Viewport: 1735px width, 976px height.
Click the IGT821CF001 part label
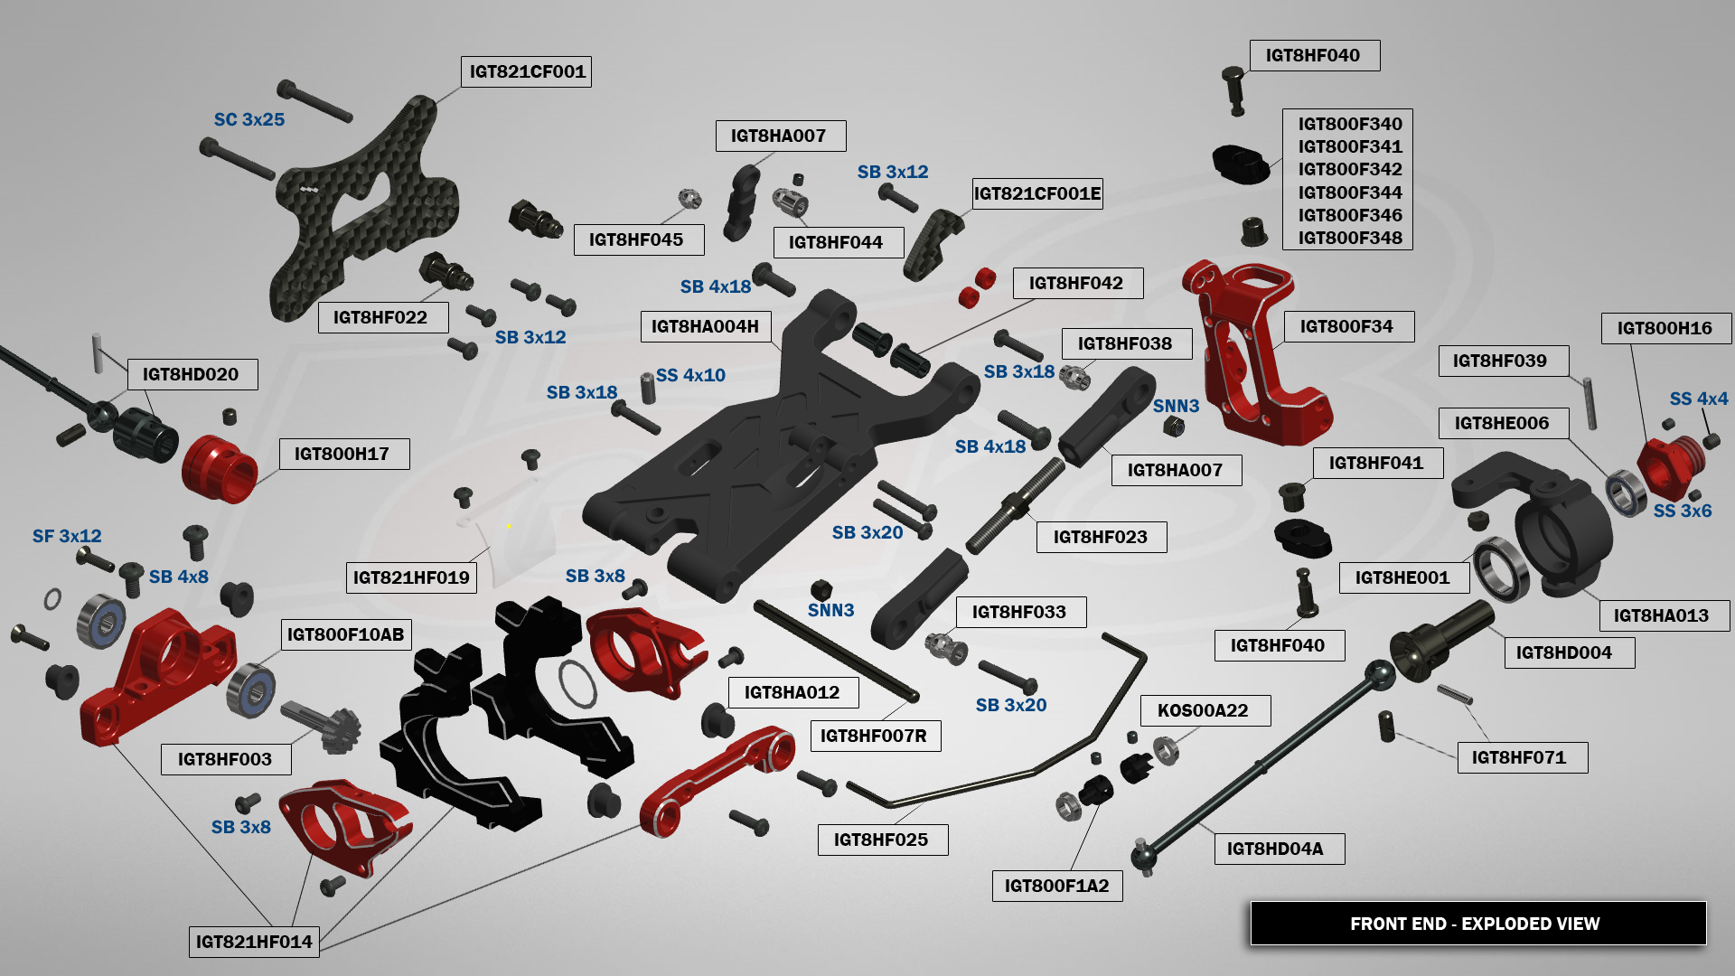[x=527, y=71]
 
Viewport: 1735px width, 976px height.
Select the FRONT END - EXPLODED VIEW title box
[x=1477, y=924]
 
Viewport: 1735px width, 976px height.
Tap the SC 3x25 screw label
[x=249, y=119]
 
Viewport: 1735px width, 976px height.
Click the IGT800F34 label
[x=1346, y=326]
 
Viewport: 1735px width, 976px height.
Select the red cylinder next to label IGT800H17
[x=220, y=468]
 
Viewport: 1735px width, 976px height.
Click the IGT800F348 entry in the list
[x=1350, y=238]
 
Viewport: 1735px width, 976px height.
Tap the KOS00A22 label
[x=1203, y=710]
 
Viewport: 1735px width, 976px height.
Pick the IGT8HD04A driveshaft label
[x=1275, y=849]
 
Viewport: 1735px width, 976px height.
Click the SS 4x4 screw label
[x=1699, y=399]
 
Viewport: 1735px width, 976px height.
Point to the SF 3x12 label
[x=67, y=536]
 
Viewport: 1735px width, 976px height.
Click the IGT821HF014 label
[x=254, y=942]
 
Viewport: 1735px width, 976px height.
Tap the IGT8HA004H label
[x=705, y=326]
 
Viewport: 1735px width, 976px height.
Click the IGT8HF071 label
[x=1519, y=757]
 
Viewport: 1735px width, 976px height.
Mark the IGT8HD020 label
[x=191, y=374]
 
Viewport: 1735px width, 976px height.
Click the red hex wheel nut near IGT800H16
[x=1672, y=463]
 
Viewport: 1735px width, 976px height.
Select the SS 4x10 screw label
[x=690, y=375]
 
